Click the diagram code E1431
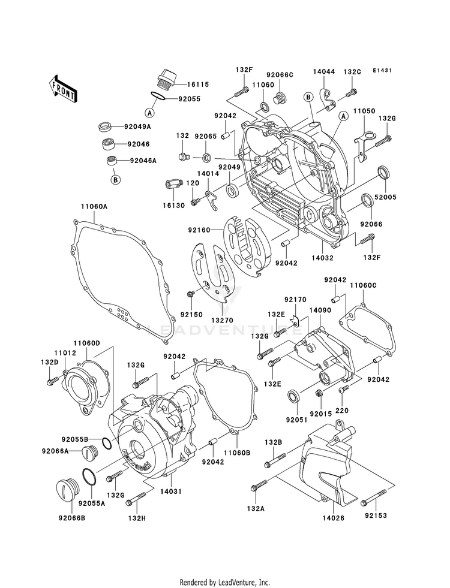coord(382,71)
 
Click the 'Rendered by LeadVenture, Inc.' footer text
coord(225,582)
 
